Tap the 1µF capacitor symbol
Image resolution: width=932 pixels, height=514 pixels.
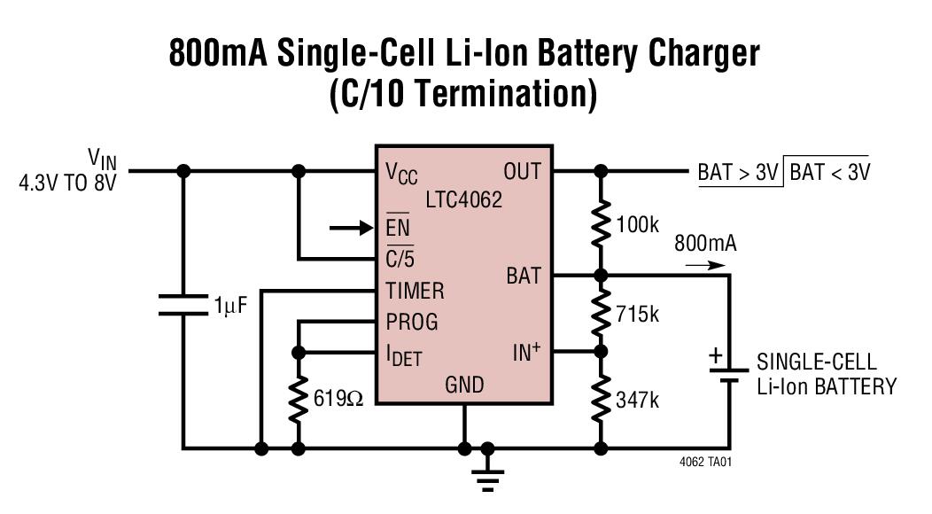pyautogui.click(x=184, y=307)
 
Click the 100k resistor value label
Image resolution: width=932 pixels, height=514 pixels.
pyautogui.click(x=636, y=224)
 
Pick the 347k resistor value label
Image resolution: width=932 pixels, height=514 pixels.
pyautogui.click(x=637, y=400)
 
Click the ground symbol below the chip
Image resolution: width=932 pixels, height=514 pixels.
pyautogui.click(x=486, y=475)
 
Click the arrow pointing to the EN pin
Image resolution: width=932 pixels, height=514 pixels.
pyautogui.click(x=351, y=229)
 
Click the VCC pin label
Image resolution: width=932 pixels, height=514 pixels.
pyautogui.click(x=401, y=172)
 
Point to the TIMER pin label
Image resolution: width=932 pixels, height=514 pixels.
pyautogui.click(x=415, y=291)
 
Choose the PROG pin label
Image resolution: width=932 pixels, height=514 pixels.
pyautogui.click(x=411, y=322)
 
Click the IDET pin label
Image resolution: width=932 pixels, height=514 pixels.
pyautogui.click(x=404, y=355)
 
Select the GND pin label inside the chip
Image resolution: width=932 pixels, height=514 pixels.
pyautogui.click(x=464, y=385)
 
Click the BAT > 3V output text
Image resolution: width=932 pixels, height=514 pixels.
pyautogui.click(x=738, y=172)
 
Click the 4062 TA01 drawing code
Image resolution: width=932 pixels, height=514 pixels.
pyautogui.click(x=705, y=463)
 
